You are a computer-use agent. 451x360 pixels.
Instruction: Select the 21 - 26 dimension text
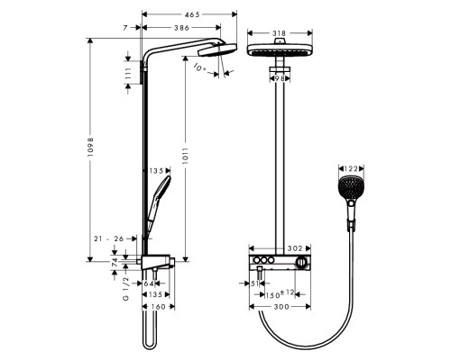(106, 238)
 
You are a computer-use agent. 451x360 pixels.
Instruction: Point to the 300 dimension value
(282, 307)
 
